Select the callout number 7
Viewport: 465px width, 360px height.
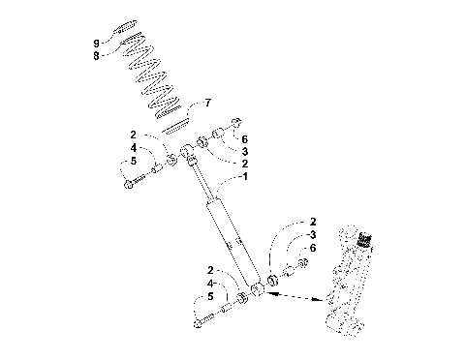[x=204, y=102]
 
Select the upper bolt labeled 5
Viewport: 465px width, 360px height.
[x=136, y=179]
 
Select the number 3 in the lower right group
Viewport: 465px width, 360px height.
[x=313, y=235]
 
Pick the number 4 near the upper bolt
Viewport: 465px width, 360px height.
[x=134, y=147]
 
